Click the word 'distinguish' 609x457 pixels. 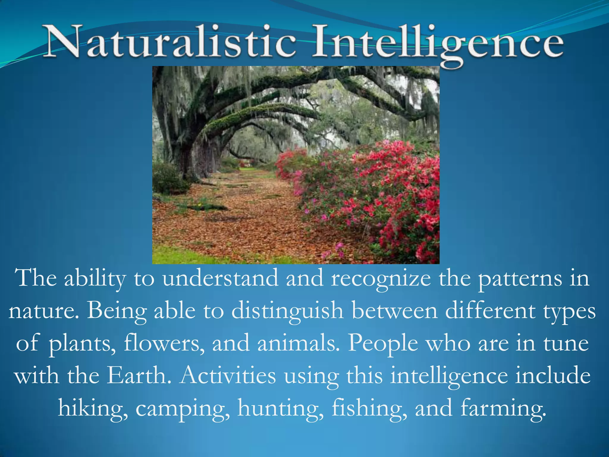[x=287, y=311]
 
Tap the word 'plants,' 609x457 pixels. [x=82, y=344]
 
